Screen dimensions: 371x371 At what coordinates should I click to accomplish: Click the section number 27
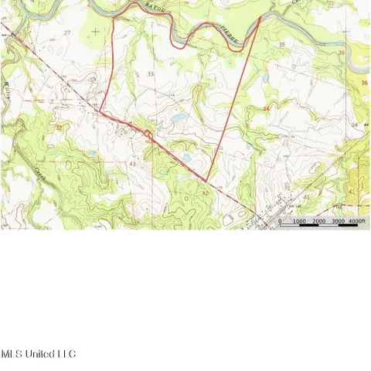(68, 32)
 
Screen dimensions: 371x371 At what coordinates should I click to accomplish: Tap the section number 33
(149, 73)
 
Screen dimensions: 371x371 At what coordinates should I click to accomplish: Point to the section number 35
(281, 46)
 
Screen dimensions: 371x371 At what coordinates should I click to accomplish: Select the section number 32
(59, 127)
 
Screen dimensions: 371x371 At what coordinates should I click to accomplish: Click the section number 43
(133, 164)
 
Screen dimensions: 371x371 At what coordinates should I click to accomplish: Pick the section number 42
(205, 192)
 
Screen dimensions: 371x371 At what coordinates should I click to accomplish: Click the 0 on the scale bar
(280, 222)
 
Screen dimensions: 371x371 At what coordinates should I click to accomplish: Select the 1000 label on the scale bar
(299, 222)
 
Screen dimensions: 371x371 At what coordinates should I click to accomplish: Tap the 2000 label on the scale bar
(318, 222)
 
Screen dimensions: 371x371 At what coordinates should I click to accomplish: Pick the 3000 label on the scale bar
(338, 222)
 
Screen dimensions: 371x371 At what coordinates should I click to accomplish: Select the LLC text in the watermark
(67, 354)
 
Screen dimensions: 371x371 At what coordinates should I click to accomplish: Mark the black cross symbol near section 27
(95, 31)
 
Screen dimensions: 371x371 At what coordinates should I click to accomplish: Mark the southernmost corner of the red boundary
(207, 183)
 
